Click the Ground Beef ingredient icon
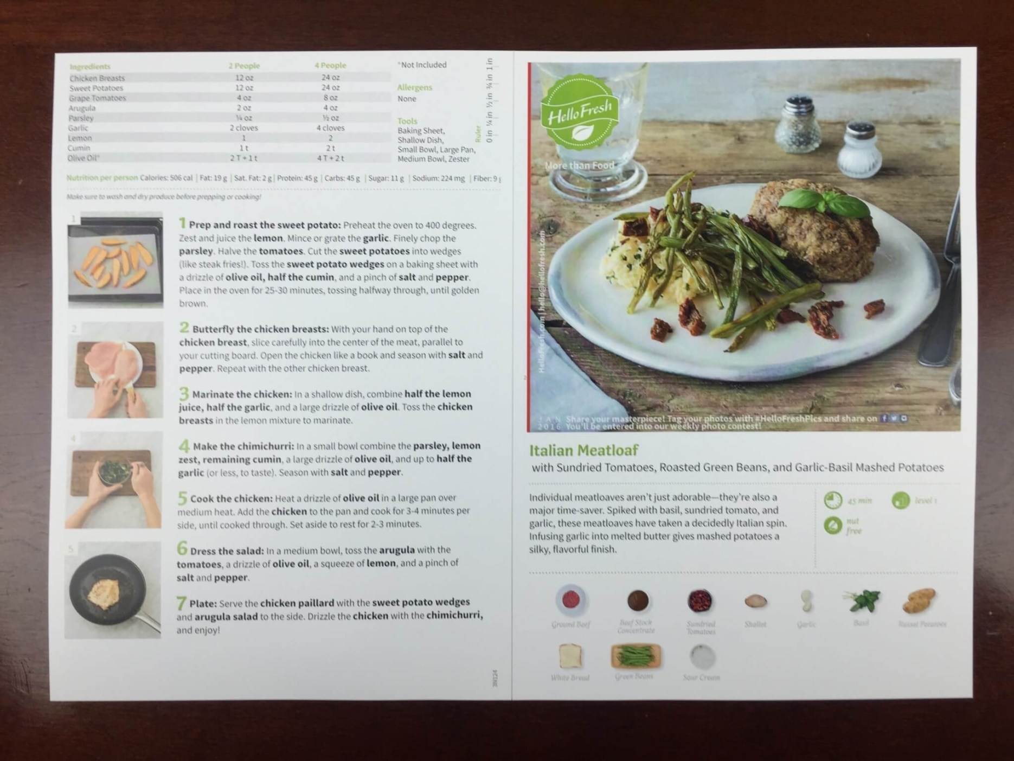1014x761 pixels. coord(570,600)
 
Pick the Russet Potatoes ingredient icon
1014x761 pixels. coord(919,600)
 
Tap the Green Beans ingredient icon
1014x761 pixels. coord(634,656)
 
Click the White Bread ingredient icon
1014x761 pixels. coord(570,656)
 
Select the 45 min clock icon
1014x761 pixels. coord(833,500)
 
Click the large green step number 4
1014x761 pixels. coord(184,446)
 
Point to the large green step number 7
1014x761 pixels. coord(182,603)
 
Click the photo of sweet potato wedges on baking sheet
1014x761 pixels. coord(115,259)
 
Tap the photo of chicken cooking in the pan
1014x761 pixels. coord(113,590)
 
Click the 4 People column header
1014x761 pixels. coord(330,66)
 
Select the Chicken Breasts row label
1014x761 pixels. coord(97,78)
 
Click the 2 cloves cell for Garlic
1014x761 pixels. coord(243,128)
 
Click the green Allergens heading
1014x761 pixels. coord(414,87)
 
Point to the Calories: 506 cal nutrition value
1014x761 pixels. coord(166,178)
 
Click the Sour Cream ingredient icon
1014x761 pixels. coord(702,657)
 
